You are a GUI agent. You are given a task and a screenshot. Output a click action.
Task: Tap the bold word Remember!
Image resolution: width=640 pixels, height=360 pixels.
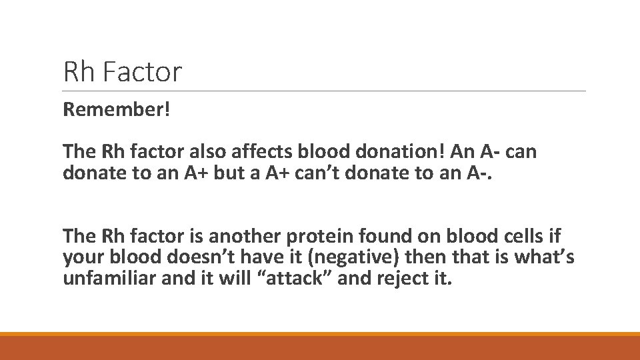[x=117, y=109]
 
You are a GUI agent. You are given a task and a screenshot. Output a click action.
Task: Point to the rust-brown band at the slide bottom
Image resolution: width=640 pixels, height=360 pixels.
[x=320, y=348]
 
